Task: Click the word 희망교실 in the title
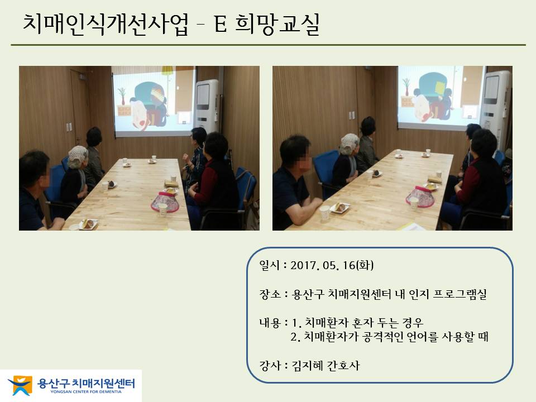(x=277, y=24)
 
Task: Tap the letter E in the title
(x=221, y=24)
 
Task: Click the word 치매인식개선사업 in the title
(x=106, y=24)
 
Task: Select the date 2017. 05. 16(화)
(x=332, y=265)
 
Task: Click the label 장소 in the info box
(x=270, y=294)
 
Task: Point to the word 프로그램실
(x=460, y=294)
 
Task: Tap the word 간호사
(x=343, y=366)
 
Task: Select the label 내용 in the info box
(x=270, y=322)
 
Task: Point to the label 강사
(x=270, y=366)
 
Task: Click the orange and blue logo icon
(x=21, y=385)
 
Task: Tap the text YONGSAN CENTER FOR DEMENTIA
(x=86, y=392)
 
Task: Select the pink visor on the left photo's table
(x=164, y=202)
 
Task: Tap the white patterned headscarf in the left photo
(x=78, y=156)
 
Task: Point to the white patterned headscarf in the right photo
(x=350, y=143)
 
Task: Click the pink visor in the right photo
(x=420, y=197)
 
